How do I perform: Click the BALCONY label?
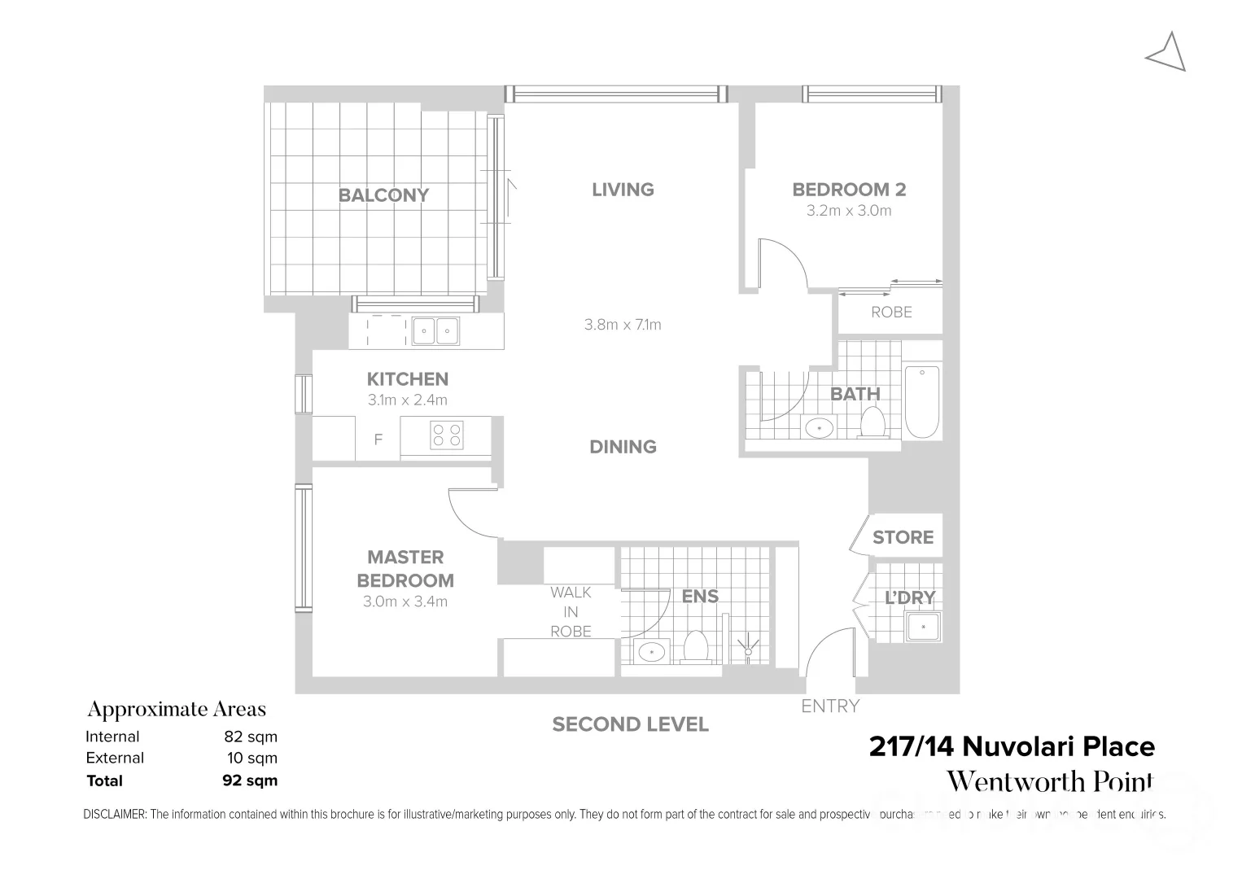[x=383, y=195]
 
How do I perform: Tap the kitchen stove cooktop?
[x=446, y=434]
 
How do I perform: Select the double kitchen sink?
[x=435, y=331]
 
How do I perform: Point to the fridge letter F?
[x=378, y=440]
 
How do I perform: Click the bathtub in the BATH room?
[x=922, y=401]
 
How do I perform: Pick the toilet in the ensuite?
[x=696, y=648]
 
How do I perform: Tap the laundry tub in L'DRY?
[x=922, y=627]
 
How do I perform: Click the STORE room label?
[x=903, y=537]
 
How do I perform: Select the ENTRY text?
[x=829, y=706]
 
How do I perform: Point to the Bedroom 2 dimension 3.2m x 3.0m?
[x=849, y=211]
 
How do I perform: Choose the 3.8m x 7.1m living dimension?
[x=623, y=325]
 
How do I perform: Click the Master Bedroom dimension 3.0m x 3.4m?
[x=405, y=602]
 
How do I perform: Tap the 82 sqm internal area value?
[x=251, y=737]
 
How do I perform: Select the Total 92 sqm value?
[x=250, y=781]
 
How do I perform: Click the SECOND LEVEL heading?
[x=630, y=724]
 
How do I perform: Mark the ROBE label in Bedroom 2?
[x=891, y=313]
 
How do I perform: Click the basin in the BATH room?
[x=818, y=426]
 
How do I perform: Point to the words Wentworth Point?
[x=1050, y=781]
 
